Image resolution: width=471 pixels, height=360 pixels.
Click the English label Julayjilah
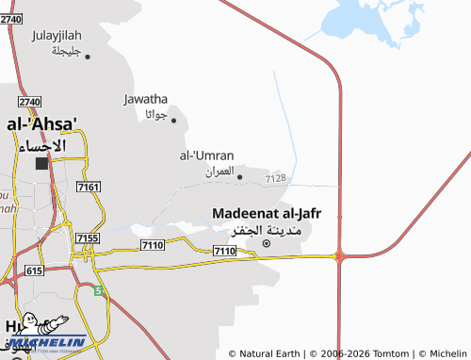click(x=57, y=36)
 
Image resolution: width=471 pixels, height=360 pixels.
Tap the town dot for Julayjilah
click(x=88, y=57)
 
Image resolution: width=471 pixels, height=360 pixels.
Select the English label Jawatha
click(x=145, y=98)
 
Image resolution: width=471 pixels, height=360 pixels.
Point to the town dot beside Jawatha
click(x=173, y=120)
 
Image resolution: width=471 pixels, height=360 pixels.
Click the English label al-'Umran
click(x=206, y=155)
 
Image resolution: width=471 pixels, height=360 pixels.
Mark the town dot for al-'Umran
click(x=239, y=176)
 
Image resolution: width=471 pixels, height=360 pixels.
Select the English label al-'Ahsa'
click(x=41, y=123)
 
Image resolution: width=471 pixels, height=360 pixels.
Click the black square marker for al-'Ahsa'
click(x=41, y=163)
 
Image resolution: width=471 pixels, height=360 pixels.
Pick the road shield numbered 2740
click(x=29, y=101)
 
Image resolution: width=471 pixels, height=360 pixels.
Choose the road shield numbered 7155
click(x=87, y=238)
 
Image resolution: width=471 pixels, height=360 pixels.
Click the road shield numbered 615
click(x=35, y=270)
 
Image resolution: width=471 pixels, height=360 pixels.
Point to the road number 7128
click(x=275, y=177)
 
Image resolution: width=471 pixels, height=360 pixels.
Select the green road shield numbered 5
click(x=98, y=291)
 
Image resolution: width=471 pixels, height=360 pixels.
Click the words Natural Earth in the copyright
click(x=269, y=353)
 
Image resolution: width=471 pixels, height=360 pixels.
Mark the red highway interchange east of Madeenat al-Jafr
click(x=339, y=254)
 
